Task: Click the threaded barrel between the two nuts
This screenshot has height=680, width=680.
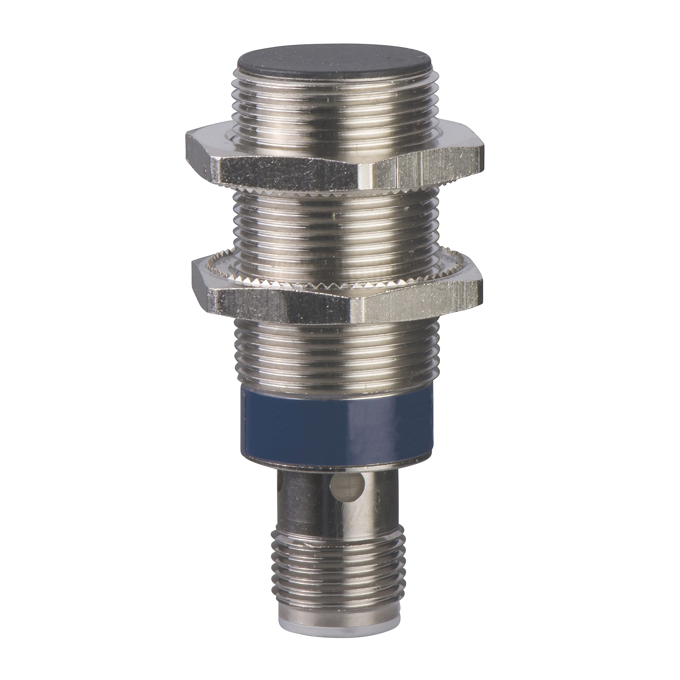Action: click(x=334, y=225)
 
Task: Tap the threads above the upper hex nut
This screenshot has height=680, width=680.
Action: click(x=334, y=106)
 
